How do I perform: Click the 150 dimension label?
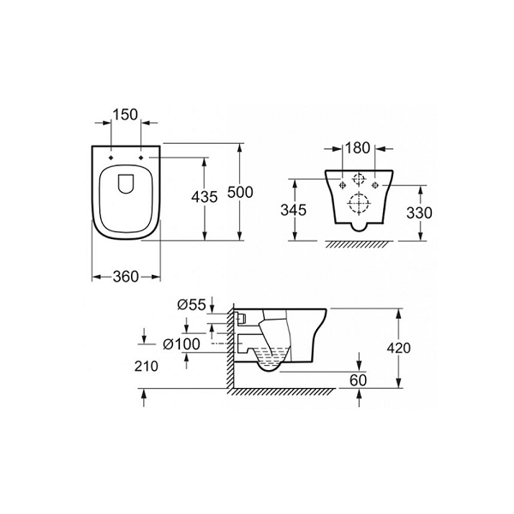tap(125, 115)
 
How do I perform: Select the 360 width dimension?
tap(126, 277)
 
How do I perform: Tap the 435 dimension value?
tap(205, 197)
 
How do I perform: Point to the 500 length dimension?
tap(240, 192)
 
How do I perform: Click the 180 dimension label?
tap(358, 148)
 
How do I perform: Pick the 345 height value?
tap(293, 210)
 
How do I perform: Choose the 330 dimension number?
tap(419, 213)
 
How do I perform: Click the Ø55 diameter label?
tap(191, 305)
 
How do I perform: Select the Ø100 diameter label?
tap(182, 344)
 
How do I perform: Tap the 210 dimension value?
tap(146, 366)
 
